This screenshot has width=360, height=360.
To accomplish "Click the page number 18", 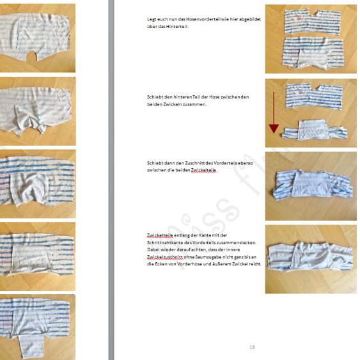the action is pyautogui.click(x=252, y=347).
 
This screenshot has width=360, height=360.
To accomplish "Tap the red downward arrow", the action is pyautogui.click(x=274, y=113).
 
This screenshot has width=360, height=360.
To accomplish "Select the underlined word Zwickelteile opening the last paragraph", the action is pyautogui.click(x=160, y=235).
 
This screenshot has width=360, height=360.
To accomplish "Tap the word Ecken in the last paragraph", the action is pyautogui.click(x=161, y=264).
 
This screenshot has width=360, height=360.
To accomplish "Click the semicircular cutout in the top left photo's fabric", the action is pyautogui.click(x=31, y=56).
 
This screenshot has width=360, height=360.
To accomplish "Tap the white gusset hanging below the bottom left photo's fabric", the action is pyautogui.click(x=31, y=346).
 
